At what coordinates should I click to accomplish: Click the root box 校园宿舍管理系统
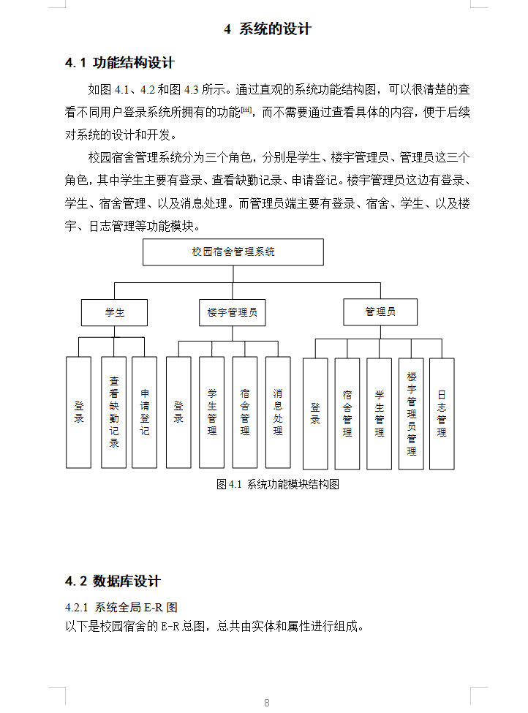point(233,252)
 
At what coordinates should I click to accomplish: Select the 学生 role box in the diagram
point(114,312)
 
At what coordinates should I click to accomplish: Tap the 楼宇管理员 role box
point(232,312)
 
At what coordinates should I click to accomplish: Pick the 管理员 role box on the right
point(380,312)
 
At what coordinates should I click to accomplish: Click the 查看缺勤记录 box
point(114,412)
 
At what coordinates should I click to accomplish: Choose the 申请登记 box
point(145,412)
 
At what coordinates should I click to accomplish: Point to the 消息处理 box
point(278,412)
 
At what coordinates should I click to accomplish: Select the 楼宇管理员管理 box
point(412,413)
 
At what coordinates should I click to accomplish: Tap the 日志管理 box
point(442,413)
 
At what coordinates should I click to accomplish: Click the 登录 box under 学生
point(79,412)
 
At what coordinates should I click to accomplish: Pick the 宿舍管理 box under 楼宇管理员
point(245,412)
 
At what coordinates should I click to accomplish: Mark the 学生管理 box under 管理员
point(380,413)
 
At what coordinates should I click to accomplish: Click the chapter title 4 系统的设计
point(267,29)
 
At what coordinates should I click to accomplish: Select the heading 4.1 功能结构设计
point(120,63)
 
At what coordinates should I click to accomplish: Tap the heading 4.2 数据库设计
point(113,581)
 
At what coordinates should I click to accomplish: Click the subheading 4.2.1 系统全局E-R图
point(121,607)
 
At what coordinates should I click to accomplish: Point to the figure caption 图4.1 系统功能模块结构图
point(278,484)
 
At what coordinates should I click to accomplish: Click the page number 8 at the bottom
point(267,703)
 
